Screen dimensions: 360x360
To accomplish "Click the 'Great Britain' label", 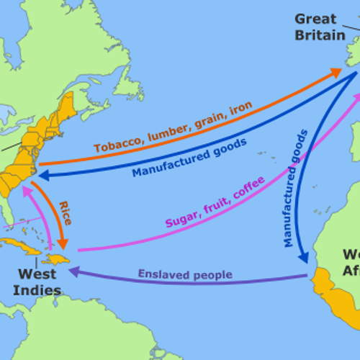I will (x=319, y=27).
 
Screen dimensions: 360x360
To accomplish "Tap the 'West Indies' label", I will (x=37, y=282).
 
